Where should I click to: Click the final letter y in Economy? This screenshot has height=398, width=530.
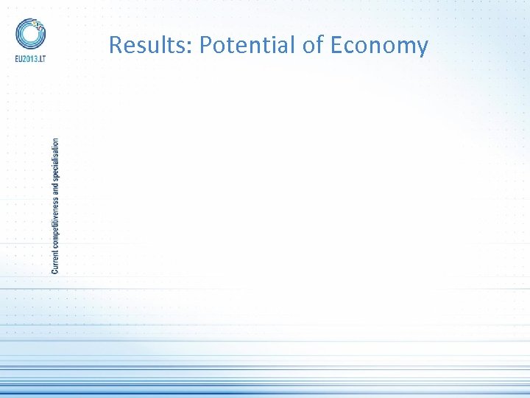click(x=422, y=49)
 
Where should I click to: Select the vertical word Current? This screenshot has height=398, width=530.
click(x=56, y=258)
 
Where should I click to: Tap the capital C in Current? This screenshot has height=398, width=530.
click(x=56, y=269)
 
